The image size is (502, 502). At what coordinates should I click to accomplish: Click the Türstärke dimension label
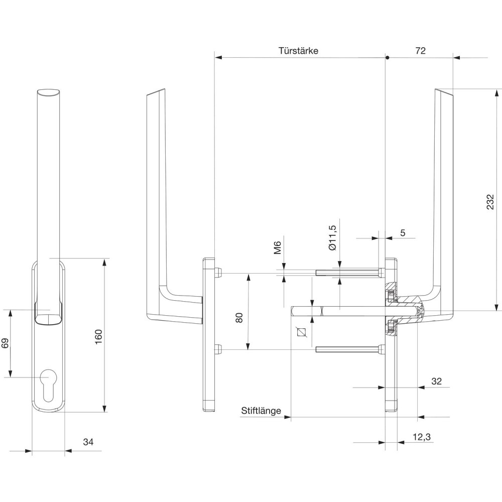coord(298,51)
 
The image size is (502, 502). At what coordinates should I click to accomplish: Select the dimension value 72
coord(421,51)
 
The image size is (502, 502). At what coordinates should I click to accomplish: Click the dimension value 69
coord(6,343)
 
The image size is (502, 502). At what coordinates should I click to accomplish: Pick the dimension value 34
coord(88,442)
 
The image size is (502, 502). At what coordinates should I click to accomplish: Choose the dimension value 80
coord(239,317)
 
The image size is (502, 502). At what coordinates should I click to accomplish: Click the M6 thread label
coord(277,248)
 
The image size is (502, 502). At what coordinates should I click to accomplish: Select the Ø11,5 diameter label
coord(331,238)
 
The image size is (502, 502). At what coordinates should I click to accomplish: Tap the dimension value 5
coord(402,233)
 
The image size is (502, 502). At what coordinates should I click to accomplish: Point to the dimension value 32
coord(436,382)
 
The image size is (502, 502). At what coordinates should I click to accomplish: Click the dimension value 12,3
coord(422,437)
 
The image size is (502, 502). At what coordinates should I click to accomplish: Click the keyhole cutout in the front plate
coord(48,383)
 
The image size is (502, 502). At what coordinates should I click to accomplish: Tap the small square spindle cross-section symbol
coord(301,332)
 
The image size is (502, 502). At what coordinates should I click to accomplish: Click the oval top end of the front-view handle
coord(49,92)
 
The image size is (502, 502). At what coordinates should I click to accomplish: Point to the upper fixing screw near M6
coord(349,273)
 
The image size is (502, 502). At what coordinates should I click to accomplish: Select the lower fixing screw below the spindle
coord(349,349)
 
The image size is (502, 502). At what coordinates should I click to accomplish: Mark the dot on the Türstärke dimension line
coord(387,57)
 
